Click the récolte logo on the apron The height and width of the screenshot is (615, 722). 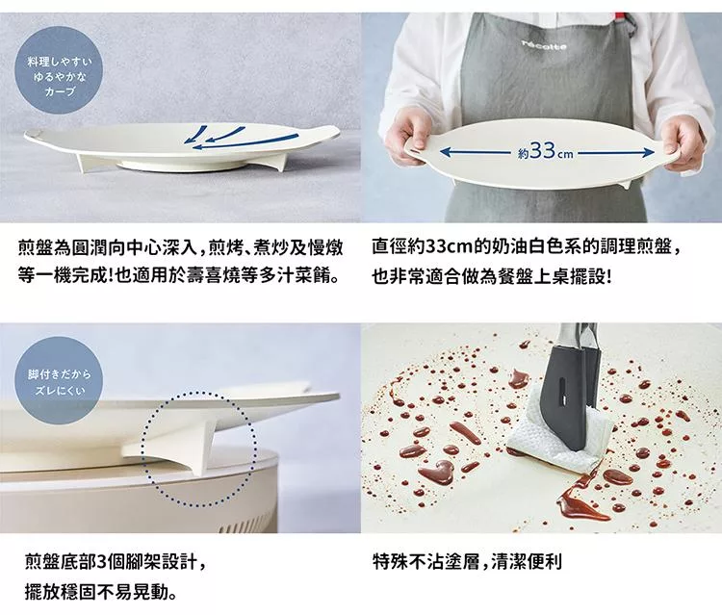pyautogui.click(x=544, y=45)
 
